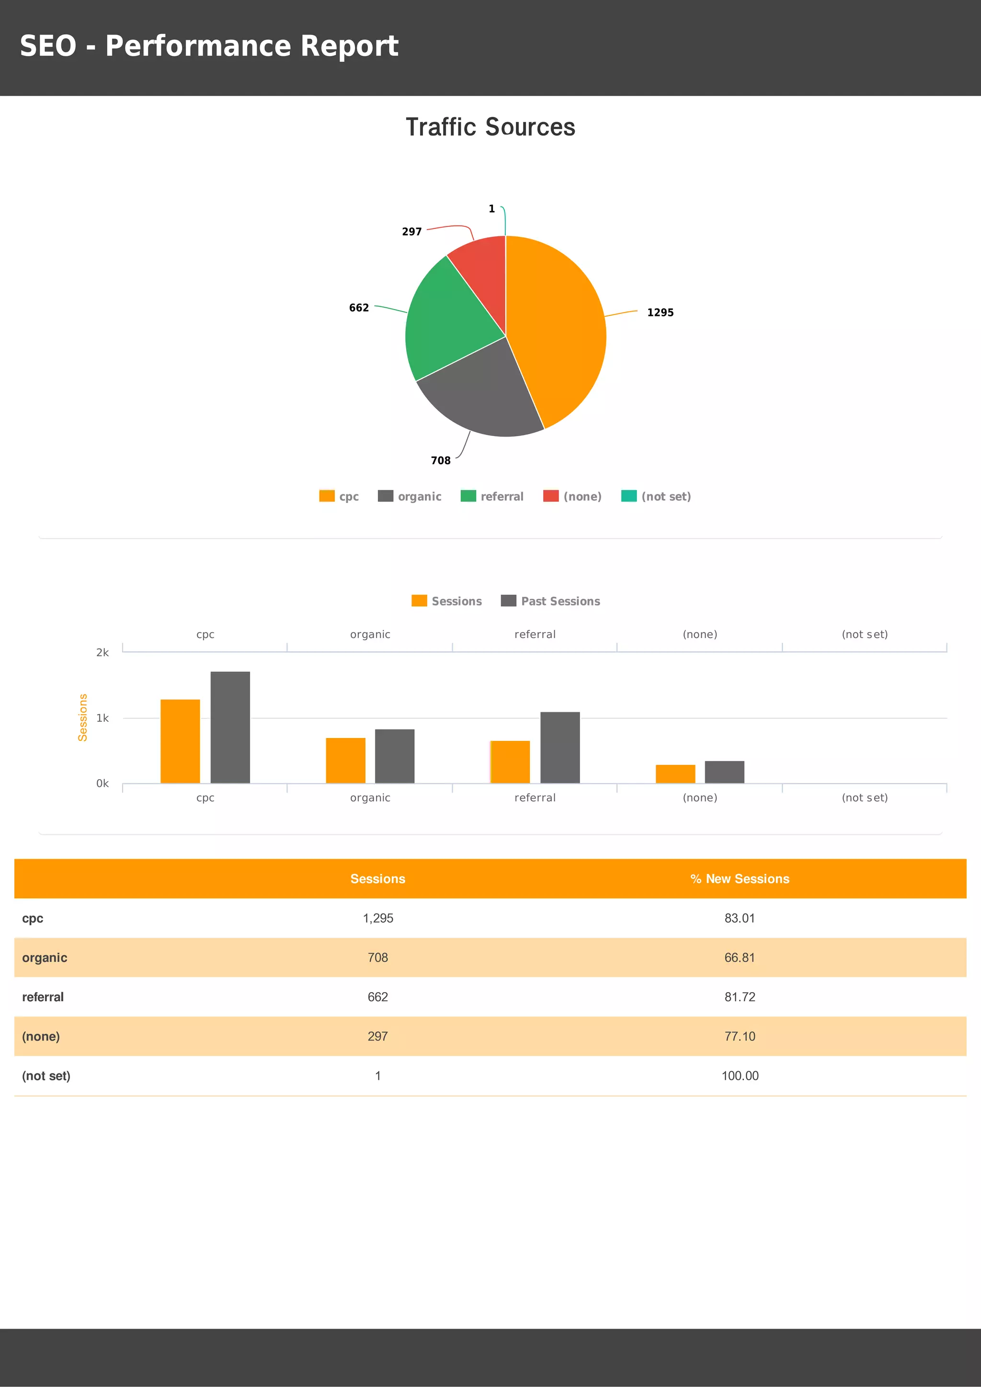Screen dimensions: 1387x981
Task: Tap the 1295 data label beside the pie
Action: [660, 313]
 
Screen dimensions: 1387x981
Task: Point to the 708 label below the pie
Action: [441, 460]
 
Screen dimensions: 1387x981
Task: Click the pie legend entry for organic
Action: [410, 497]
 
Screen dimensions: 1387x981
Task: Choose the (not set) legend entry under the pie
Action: [656, 497]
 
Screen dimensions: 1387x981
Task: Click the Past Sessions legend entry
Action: [551, 601]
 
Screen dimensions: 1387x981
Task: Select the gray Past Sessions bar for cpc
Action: [230, 727]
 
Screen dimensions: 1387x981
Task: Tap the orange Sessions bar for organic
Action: [346, 761]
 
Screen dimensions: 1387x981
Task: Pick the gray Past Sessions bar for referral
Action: [559, 748]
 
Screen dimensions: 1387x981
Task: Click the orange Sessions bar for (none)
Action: [675, 774]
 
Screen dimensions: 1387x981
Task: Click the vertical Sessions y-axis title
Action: [83, 717]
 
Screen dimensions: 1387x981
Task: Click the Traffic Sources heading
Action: [490, 127]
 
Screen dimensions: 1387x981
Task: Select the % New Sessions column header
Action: [740, 879]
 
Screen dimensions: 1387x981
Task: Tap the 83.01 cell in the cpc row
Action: [740, 918]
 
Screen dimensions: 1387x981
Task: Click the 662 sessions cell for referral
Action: [378, 997]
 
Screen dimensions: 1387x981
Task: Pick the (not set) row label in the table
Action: [46, 1076]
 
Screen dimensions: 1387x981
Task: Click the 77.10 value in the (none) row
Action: [740, 1037]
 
